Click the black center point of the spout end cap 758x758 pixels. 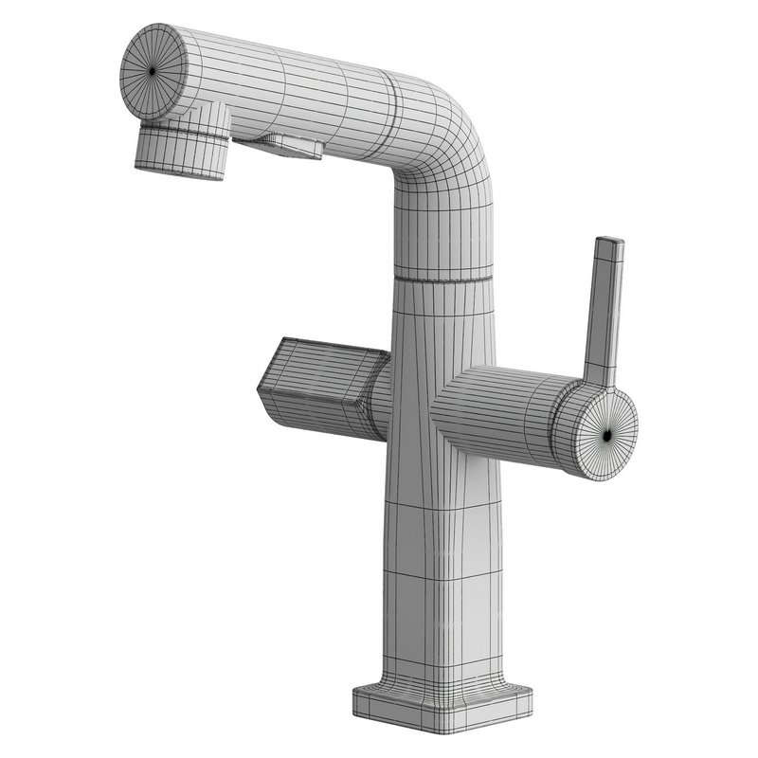pyautogui.click(x=153, y=71)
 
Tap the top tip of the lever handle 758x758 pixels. pyautogui.click(x=609, y=243)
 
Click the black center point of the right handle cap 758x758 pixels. pyautogui.click(x=607, y=434)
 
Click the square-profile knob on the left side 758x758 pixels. pyautogui.click(x=317, y=384)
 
